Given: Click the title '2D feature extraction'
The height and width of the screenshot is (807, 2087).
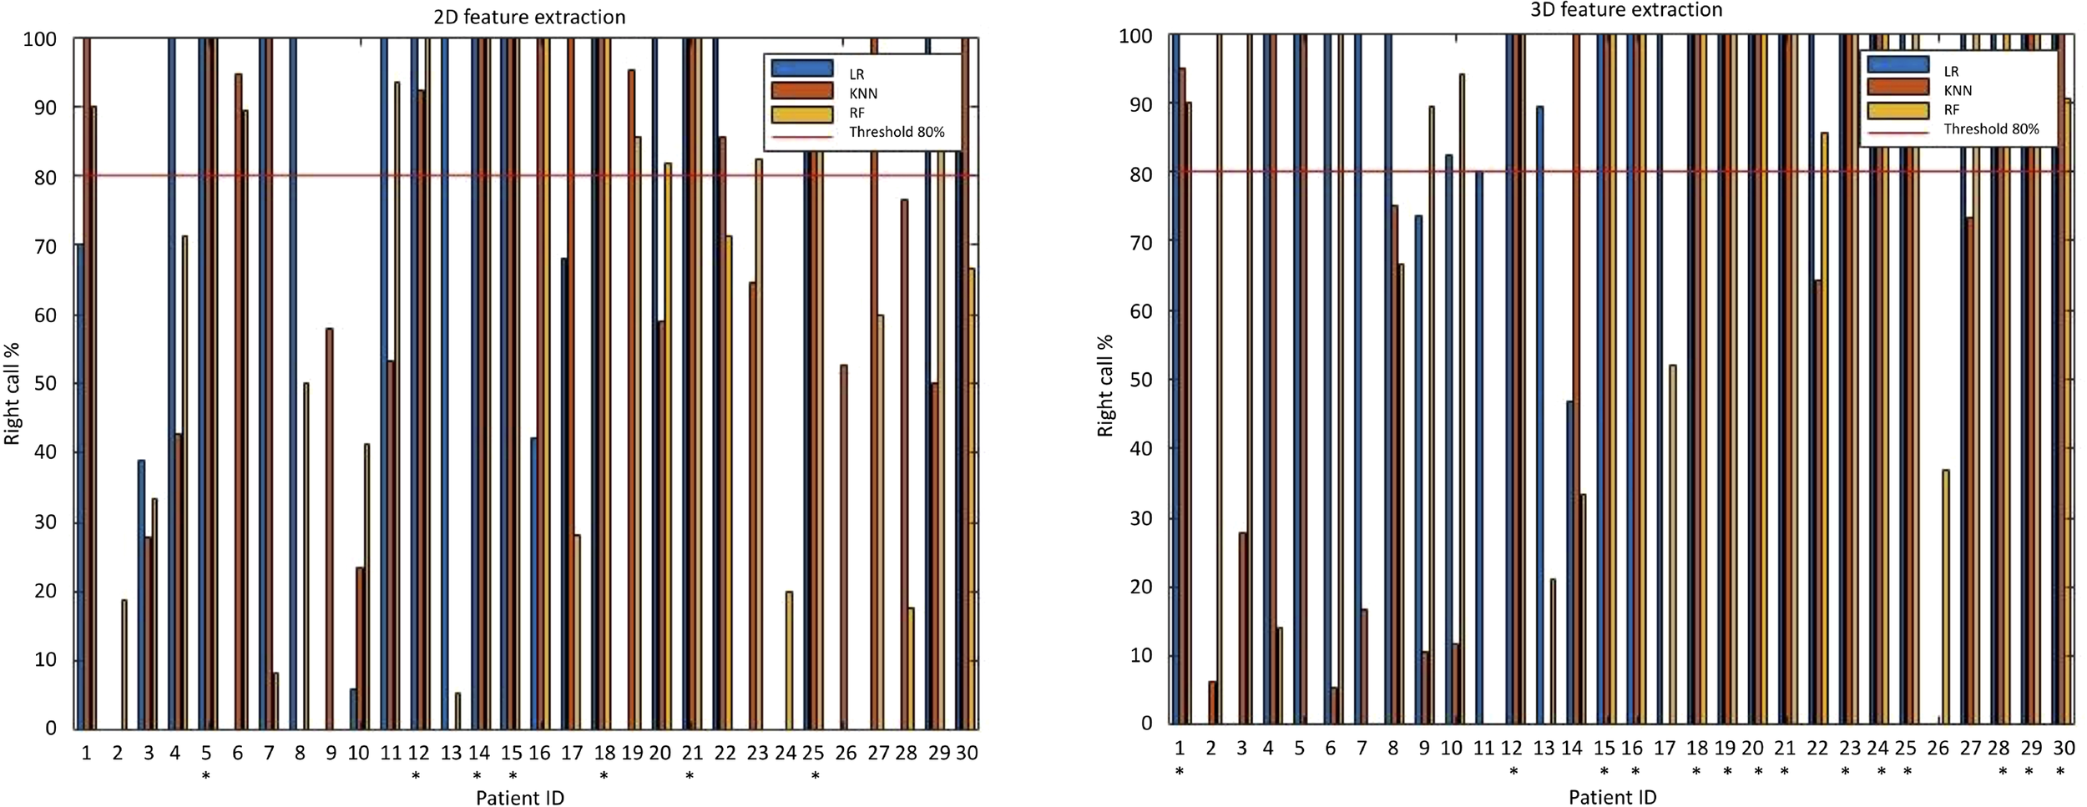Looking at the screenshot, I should (529, 17).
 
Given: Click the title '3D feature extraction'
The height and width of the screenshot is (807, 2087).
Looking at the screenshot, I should (1626, 10).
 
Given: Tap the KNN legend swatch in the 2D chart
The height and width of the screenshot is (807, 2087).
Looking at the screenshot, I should (801, 90).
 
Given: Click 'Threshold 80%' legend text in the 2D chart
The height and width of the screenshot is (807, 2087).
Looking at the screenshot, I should (897, 132).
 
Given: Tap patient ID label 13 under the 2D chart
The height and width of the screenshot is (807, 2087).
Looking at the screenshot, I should (451, 754).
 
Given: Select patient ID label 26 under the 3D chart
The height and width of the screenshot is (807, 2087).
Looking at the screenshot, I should (1938, 749).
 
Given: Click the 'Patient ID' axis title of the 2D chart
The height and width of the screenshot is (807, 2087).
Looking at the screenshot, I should (519, 798).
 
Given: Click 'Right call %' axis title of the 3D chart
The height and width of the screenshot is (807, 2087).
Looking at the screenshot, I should (1105, 386).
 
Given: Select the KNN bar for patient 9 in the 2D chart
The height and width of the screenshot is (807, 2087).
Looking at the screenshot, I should (330, 528).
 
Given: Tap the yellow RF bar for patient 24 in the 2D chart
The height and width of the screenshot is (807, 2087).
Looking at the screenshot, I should (789, 659).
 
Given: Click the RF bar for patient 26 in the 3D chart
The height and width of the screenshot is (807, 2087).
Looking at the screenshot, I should (1946, 597).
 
